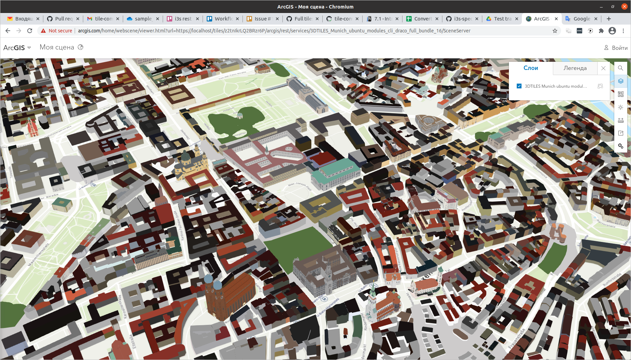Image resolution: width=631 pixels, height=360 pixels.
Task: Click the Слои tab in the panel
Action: pos(530,68)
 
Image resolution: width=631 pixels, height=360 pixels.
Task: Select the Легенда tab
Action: pos(575,68)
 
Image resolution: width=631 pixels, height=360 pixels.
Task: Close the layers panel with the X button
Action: pos(603,68)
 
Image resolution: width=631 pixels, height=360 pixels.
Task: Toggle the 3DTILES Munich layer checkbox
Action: pos(519,86)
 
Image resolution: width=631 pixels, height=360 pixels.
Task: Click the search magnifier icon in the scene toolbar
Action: pos(620,68)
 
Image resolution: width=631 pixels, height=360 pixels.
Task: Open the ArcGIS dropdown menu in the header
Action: pos(17,48)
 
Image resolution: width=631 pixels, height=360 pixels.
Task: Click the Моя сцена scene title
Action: pos(57,47)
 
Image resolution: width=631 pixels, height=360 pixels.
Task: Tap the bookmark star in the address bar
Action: pos(555,31)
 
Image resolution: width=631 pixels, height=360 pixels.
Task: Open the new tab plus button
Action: pos(609,19)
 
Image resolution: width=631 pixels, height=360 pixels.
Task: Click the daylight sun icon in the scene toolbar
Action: pos(620,107)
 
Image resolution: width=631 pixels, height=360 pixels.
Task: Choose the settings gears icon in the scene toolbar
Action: pos(620,146)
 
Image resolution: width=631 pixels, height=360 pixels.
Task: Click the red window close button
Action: pos(624,6)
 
